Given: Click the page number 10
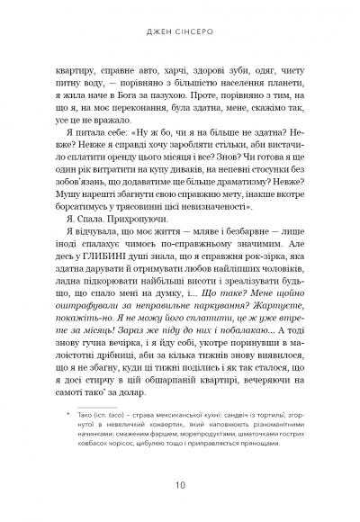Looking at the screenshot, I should point(180,487).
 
